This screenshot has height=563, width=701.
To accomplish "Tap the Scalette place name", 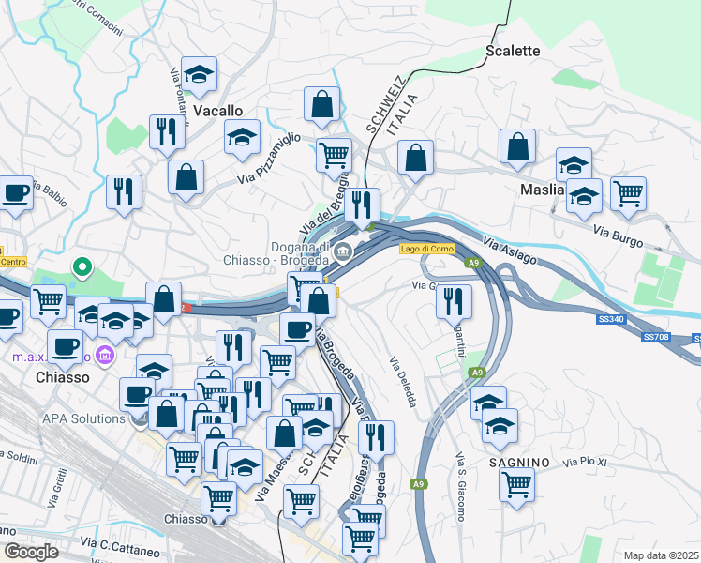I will tap(513, 51).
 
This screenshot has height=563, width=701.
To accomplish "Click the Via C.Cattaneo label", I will tap(116, 543).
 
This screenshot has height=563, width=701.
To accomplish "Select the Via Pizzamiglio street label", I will tap(270, 158).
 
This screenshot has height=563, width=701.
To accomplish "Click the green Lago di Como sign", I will tap(425, 249).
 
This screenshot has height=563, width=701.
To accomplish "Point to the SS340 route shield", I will tap(610, 320).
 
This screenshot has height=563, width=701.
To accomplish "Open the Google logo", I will tap(31, 552).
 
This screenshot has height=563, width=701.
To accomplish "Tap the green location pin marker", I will tap(82, 268).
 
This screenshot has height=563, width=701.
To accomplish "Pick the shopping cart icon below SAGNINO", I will tap(516, 485).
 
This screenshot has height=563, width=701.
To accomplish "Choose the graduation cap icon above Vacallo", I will tap(199, 74).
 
